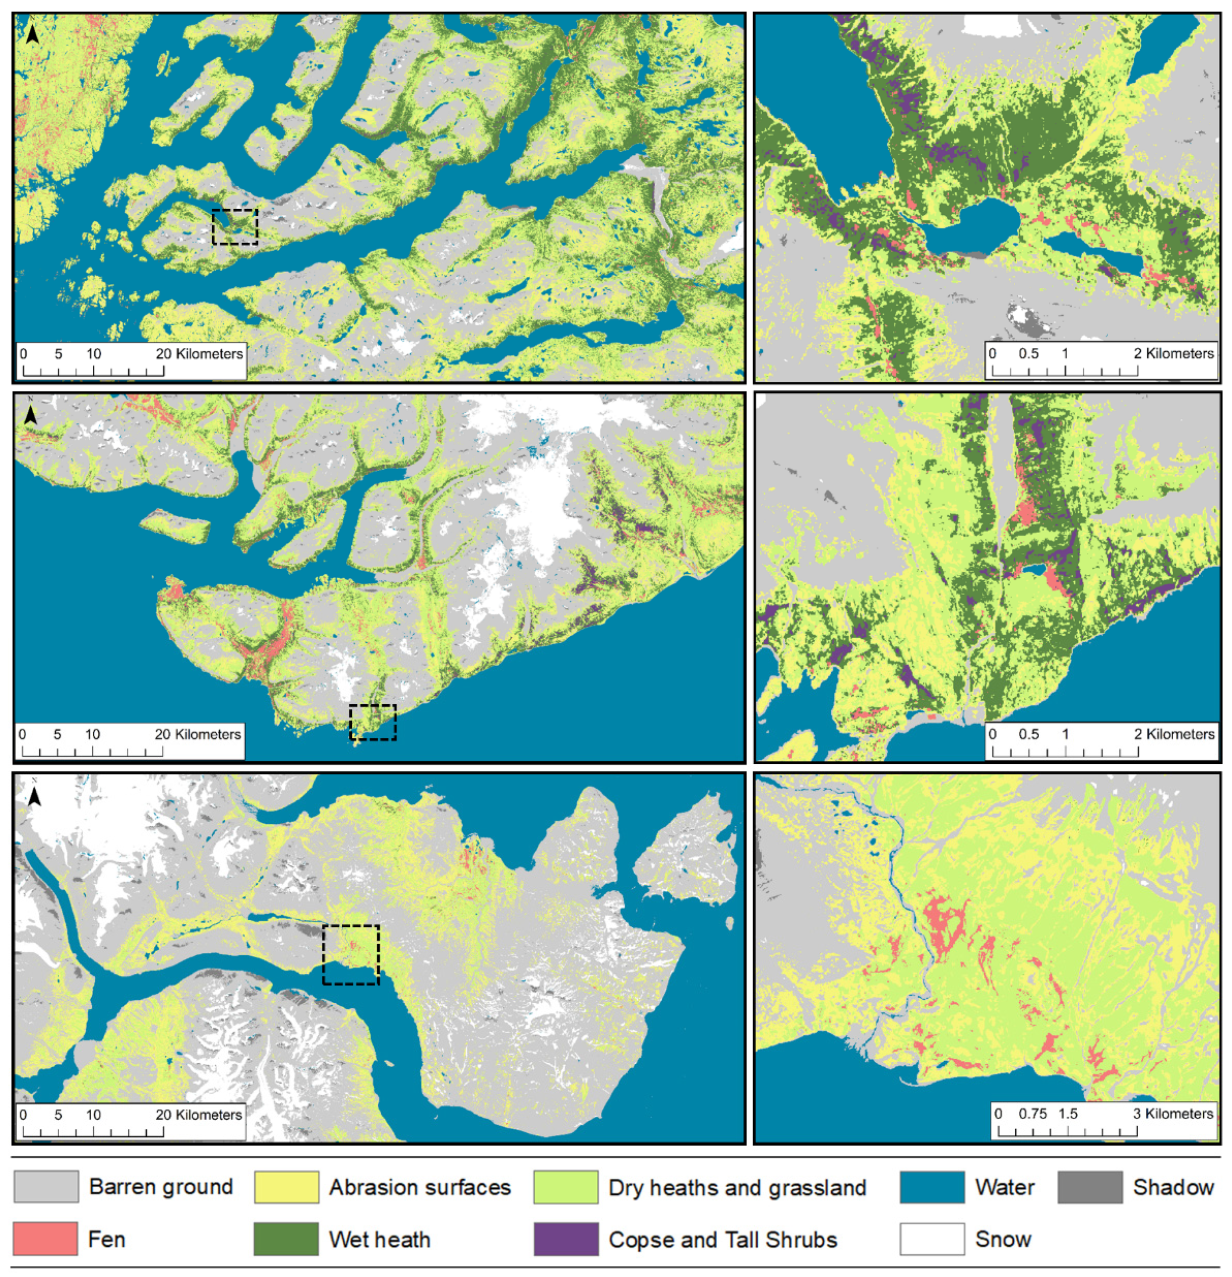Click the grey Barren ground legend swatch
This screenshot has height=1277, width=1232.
(45, 1186)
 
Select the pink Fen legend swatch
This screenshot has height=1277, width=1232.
(45, 1239)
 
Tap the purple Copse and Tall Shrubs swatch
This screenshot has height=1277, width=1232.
(565, 1239)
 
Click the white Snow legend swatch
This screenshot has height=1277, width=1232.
(932, 1239)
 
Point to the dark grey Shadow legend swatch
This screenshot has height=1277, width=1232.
(1089, 1186)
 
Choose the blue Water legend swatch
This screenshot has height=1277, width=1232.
(932, 1186)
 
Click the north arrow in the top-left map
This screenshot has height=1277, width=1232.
(33, 34)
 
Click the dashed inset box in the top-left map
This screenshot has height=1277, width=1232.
(235, 227)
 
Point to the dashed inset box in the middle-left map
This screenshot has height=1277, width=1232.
(373, 722)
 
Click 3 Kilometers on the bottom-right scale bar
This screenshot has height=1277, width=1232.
(1172, 1114)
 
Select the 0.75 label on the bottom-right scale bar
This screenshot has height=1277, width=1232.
(1034, 1114)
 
